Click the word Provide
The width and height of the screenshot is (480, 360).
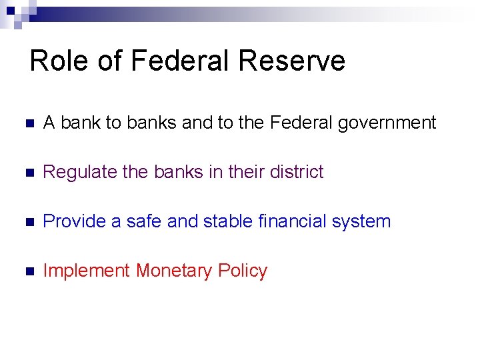[74, 221]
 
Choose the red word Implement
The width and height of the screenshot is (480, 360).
[86, 271]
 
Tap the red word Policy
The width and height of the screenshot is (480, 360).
[242, 271]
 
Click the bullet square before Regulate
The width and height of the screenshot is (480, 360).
[27, 173]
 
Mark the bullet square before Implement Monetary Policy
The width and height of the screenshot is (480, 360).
[27, 271]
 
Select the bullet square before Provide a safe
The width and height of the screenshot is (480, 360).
[27, 222]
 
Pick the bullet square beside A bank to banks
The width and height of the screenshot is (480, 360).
[27, 123]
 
